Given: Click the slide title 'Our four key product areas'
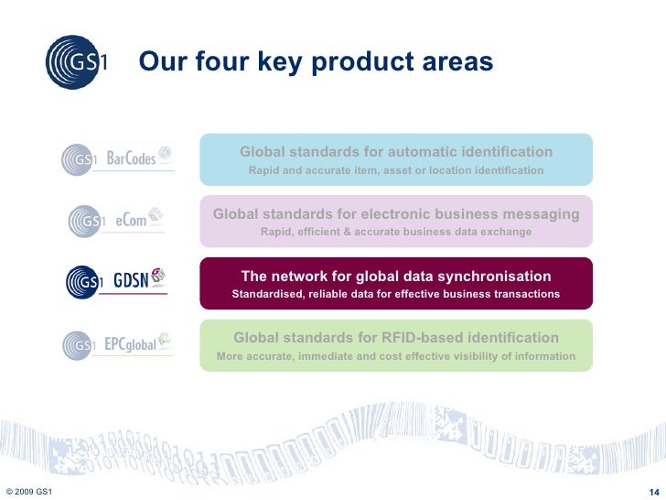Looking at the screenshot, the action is pos(316,62).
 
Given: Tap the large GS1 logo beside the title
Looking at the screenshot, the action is pos(79,61).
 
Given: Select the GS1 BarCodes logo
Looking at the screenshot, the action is pos(116,159).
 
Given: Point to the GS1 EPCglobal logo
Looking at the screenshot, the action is pos(116,344).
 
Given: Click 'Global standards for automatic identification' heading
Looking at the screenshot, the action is pos(396,151).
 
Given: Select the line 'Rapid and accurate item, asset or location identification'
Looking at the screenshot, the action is pos(396,171).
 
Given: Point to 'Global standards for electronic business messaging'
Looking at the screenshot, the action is pos(396,213).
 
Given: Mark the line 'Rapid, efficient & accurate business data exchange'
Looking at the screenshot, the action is pos(396,233).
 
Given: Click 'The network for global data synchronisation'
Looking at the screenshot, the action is pos(396,276).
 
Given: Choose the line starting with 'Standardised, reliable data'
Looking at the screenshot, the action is pos(396,295).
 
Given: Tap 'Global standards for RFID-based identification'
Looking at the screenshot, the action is pos(396,338).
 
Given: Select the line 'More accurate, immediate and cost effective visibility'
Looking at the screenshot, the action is pos(396,356).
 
